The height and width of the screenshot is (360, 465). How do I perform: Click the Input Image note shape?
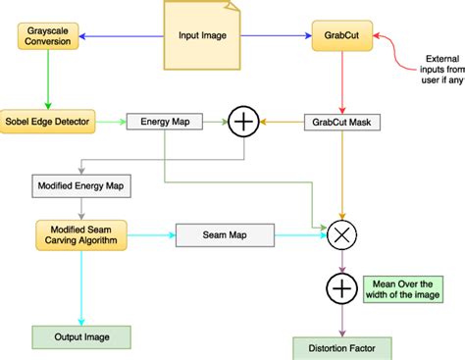pyautogui.click(x=202, y=35)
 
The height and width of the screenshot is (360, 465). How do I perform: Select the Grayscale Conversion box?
pyautogui.click(x=47, y=36)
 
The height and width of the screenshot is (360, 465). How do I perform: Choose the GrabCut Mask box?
pyautogui.click(x=340, y=123)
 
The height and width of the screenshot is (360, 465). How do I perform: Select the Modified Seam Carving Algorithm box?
pyautogui.click(x=82, y=235)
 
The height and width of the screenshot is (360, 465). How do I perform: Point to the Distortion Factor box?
pyautogui.click(x=340, y=347)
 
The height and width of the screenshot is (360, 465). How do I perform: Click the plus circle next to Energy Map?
pyautogui.click(x=241, y=123)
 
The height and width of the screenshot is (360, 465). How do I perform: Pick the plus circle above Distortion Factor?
pyautogui.click(x=340, y=289)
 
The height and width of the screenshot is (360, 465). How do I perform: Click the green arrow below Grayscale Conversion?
pyautogui.click(x=46, y=80)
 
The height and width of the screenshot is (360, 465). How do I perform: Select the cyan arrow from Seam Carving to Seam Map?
pyautogui.click(x=151, y=235)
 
